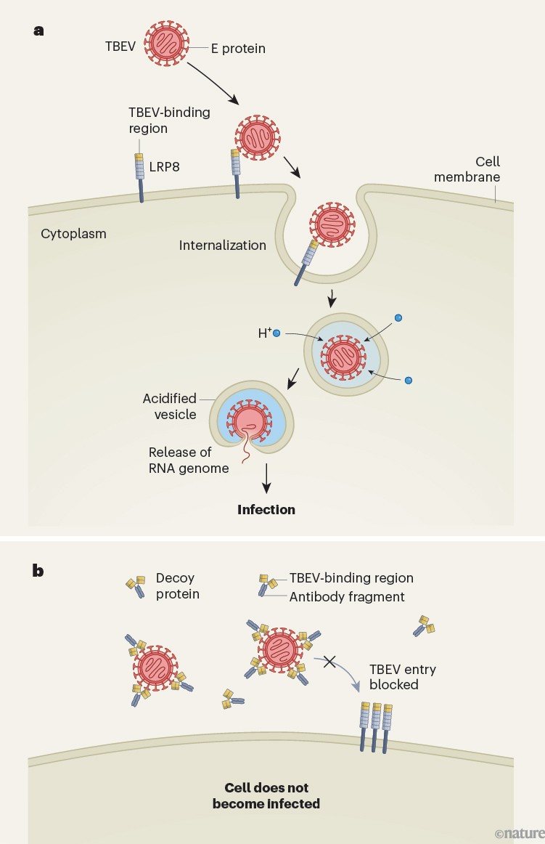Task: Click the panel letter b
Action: (38, 570)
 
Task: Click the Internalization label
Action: (222, 245)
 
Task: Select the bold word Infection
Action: (266, 509)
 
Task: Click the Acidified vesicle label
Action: (168, 406)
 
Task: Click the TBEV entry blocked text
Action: (402, 676)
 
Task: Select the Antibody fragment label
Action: (347, 596)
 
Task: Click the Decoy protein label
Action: (177, 586)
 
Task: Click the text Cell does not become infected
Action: (266, 795)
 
